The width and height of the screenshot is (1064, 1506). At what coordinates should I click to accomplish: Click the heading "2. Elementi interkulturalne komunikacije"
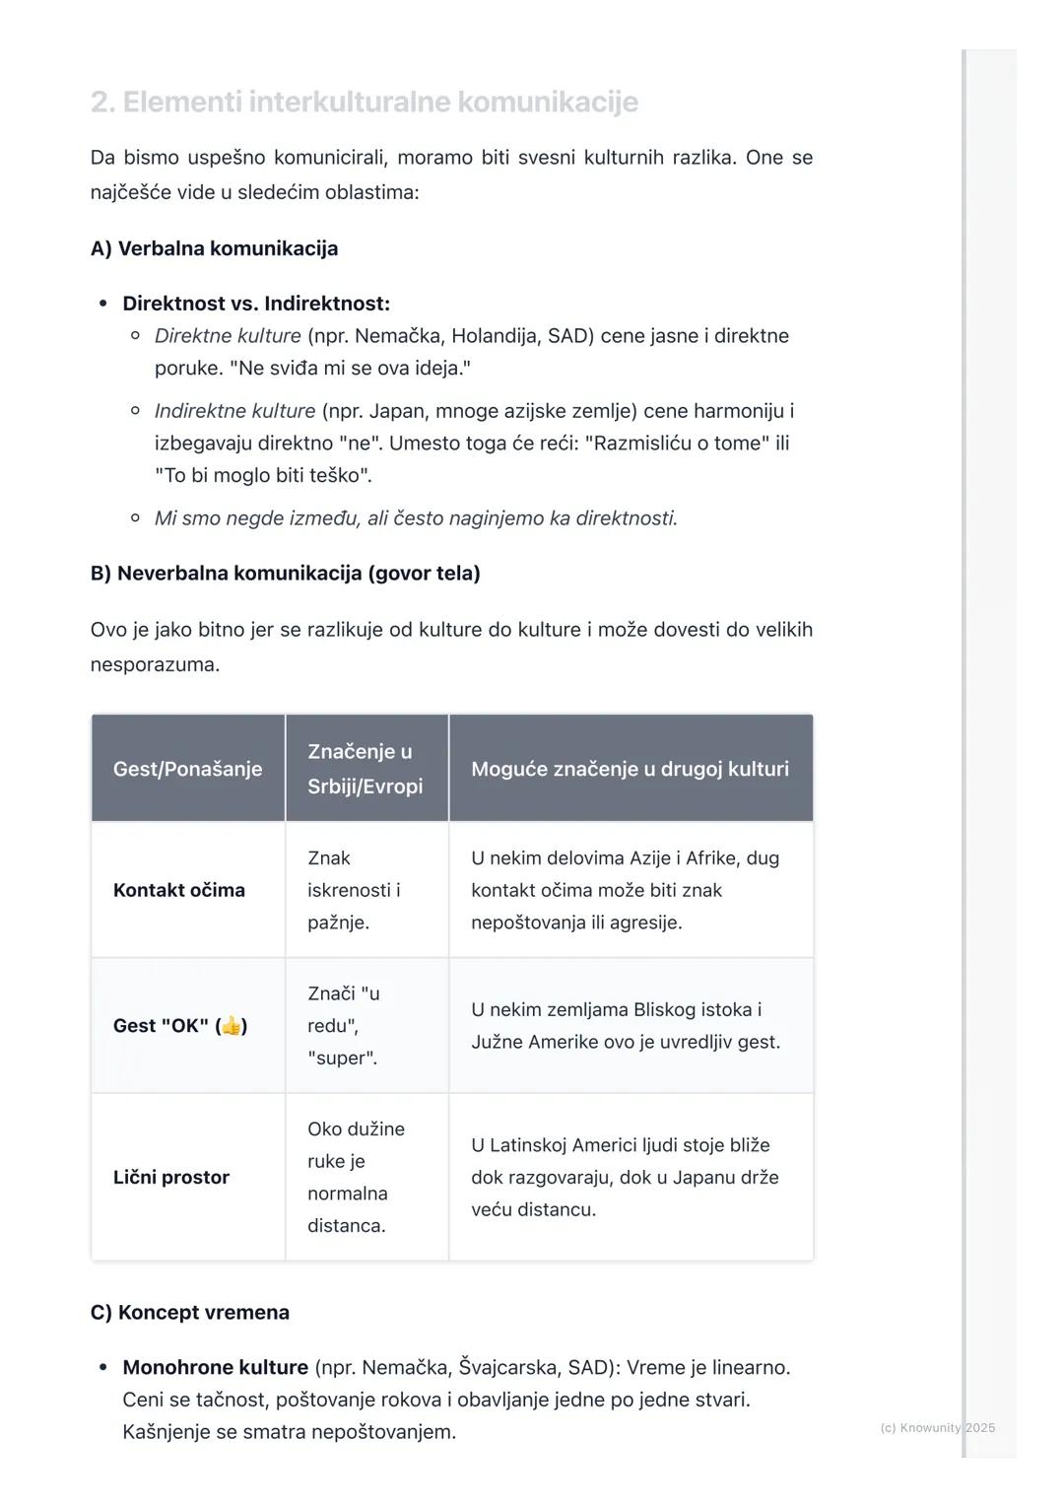(x=364, y=102)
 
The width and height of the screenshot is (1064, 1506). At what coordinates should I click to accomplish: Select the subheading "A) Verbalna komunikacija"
(x=214, y=248)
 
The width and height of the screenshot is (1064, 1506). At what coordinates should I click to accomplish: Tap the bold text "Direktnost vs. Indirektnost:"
(x=256, y=304)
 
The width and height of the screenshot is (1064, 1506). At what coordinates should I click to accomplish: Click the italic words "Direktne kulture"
(x=228, y=336)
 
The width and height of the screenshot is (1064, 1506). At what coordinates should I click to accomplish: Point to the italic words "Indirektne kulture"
(x=234, y=411)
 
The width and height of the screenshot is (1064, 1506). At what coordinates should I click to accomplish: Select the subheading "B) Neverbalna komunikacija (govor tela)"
(x=285, y=574)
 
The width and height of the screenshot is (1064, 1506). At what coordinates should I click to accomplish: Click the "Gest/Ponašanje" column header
(x=187, y=769)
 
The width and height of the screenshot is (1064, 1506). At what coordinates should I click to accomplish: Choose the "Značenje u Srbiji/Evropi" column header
(x=365, y=769)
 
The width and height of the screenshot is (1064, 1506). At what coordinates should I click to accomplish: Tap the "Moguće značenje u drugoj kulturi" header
(x=630, y=769)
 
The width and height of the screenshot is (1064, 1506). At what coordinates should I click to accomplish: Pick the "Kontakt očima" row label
(x=178, y=890)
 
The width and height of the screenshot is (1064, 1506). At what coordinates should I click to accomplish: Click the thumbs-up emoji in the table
(x=232, y=1026)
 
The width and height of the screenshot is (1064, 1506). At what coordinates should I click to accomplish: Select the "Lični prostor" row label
(x=170, y=1177)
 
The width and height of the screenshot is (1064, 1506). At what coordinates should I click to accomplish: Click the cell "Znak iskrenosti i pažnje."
(x=354, y=890)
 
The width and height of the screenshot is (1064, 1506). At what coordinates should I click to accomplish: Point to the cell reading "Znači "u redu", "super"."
(x=344, y=1026)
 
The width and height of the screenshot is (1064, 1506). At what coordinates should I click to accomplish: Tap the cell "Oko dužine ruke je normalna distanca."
(x=356, y=1177)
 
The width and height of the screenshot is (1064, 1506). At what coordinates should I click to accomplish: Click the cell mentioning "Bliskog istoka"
(x=625, y=1026)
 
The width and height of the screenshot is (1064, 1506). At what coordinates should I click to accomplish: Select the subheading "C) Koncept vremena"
(x=189, y=1313)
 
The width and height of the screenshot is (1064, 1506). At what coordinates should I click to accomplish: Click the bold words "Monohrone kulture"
(x=215, y=1368)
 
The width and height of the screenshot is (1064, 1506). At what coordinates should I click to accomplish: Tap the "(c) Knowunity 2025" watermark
(x=937, y=1428)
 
